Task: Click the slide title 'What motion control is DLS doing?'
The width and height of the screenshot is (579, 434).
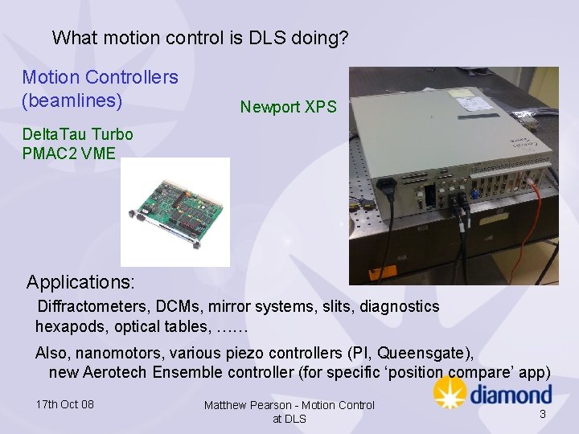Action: click(200, 38)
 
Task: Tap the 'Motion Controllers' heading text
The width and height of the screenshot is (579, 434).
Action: click(100, 78)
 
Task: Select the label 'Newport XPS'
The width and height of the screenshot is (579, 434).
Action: click(289, 107)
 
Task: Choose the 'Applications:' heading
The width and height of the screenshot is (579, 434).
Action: click(80, 283)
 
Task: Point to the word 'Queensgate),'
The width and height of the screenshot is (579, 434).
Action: click(425, 353)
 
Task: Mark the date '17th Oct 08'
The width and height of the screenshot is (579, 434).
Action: click(65, 404)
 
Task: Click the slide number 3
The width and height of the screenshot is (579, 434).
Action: click(543, 414)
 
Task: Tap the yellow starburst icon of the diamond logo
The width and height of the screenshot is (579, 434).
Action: click(450, 392)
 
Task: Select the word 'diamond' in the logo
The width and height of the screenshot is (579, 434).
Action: click(511, 395)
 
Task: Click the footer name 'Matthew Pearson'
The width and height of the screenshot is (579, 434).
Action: click(247, 405)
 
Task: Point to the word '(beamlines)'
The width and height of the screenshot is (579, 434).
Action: click(72, 101)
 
